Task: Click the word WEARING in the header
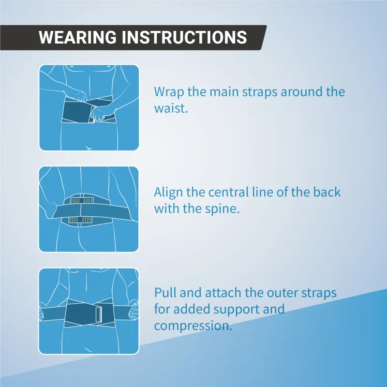77,37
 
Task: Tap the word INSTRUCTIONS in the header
184,37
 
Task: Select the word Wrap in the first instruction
169,92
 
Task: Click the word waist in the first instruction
171,108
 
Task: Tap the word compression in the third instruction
193,326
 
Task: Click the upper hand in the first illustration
81,96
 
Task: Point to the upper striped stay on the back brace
81,200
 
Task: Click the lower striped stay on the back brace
80,220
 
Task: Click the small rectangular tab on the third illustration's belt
98,314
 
